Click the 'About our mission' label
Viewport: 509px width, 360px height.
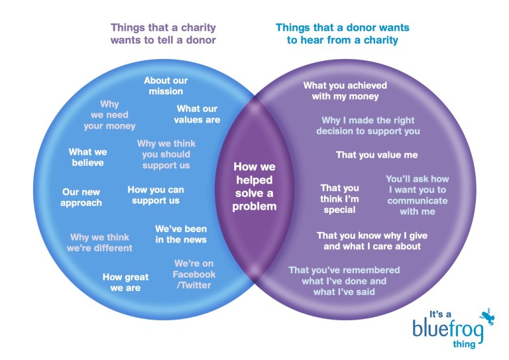click(x=166, y=86)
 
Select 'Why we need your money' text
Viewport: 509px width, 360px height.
click(x=109, y=115)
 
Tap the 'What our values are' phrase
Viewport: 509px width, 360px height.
click(x=197, y=114)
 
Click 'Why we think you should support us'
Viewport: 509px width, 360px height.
click(x=166, y=154)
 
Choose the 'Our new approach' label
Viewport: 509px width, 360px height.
click(x=81, y=198)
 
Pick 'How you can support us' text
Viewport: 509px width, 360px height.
click(x=156, y=195)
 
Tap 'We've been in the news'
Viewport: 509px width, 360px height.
click(x=181, y=234)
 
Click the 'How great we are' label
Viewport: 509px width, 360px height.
click(x=125, y=282)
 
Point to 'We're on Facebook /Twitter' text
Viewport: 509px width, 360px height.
click(x=194, y=274)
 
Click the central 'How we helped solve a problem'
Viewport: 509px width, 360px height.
click(x=254, y=187)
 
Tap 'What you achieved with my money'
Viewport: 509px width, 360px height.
click(x=345, y=91)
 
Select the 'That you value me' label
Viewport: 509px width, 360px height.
click(x=376, y=155)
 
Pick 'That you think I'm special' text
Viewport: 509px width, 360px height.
click(x=339, y=199)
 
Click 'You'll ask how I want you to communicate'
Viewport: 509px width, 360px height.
click(x=417, y=195)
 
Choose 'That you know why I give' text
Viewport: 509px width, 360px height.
click(x=368, y=241)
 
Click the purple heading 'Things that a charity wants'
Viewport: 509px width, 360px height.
click(x=163, y=34)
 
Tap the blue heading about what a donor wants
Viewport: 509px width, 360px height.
click(x=342, y=34)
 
